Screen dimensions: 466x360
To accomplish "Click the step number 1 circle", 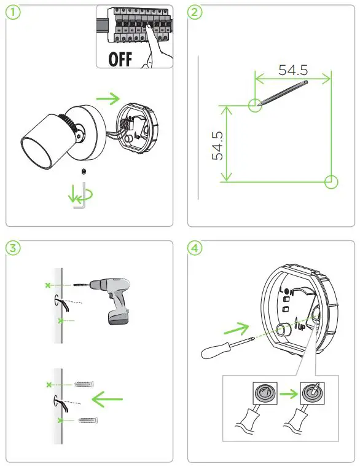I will [x=12, y=13].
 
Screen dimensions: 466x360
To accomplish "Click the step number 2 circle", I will [x=194, y=13].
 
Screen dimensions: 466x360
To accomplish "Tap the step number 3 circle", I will [x=12, y=248].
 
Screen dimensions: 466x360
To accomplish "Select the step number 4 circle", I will [x=194, y=248].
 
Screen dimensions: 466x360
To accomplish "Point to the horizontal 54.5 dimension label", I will [x=293, y=69].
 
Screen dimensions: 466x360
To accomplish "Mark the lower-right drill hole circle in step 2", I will [x=331, y=181].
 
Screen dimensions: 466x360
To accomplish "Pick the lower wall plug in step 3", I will [x=88, y=420].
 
